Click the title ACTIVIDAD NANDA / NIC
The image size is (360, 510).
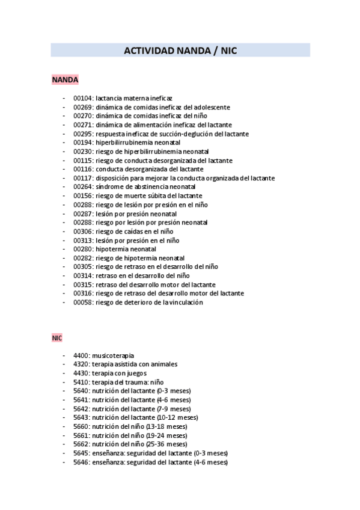[x=180, y=51]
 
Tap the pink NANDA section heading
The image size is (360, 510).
[x=65, y=79]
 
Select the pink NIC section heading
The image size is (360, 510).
[x=57, y=339]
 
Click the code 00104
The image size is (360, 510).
[x=84, y=98]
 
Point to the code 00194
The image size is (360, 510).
[x=84, y=143]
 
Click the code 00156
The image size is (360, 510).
[x=84, y=196]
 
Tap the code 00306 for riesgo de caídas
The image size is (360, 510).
[x=84, y=232]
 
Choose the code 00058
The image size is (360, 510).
[x=84, y=303]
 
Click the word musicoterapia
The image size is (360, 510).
[x=113, y=355]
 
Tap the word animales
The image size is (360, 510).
[x=163, y=364]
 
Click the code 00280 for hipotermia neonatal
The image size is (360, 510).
[x=84, y=249]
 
